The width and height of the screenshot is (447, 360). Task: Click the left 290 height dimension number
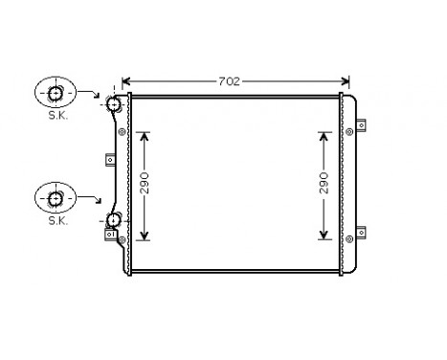(x=145, y=185)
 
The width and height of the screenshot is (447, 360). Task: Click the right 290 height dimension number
(x=324, y=185)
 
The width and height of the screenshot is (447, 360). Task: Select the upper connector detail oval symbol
(x=56, y=93)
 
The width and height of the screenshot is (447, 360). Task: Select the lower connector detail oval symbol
(x=56, y=198)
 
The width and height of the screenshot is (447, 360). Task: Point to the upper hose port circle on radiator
(x=114, y=103)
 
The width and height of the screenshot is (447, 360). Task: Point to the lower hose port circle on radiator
(x=114, y=220)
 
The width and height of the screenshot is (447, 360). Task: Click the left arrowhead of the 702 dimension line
(x=126, y=81)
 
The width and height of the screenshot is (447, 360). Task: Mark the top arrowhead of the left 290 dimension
(x=145, y=135)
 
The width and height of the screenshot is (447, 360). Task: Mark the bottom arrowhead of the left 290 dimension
(x=145, y=235)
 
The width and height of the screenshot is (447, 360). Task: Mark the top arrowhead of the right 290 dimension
(x=324, y=135)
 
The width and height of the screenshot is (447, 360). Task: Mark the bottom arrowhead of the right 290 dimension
(x=324, y=235)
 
